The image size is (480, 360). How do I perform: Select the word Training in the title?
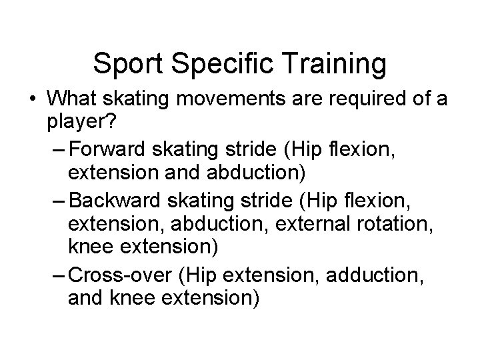tap(332, 64)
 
